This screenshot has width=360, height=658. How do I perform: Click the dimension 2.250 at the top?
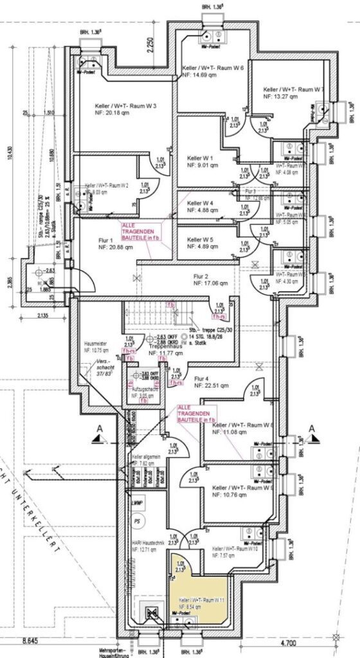tap(149, 46)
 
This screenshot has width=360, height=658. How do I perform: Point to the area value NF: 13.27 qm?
tap(280, 96)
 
